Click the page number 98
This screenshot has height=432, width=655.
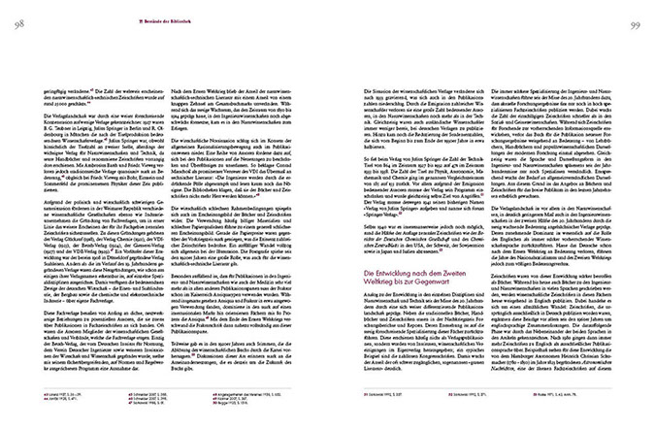click(x=18, y=11)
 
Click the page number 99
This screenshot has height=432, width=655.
click(x=636, y=11)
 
